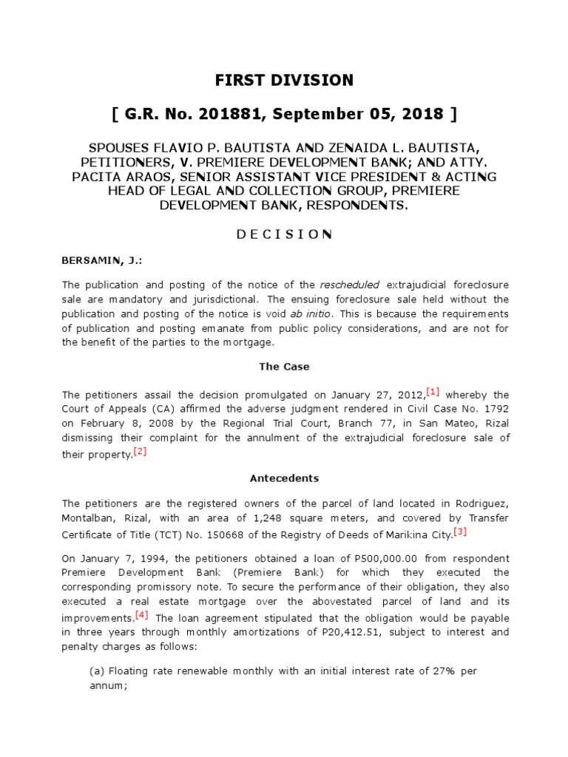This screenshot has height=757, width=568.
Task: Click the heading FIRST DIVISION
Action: pos(284,80)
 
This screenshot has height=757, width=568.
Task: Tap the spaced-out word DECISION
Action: pos(284,234)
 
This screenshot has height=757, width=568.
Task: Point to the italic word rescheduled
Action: pos(350,285)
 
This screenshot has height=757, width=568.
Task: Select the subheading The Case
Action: pos(284,367)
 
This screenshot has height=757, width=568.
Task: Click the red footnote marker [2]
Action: pos(140,452)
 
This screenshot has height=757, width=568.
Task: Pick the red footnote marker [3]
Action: pos(460,531)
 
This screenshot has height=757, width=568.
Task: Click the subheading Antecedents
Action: pos(284,478)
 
